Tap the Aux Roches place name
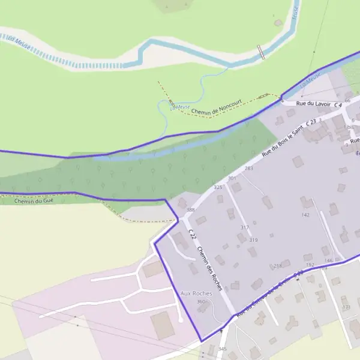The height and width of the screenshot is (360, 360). click(196, 293)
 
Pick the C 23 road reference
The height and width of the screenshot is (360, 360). click(311, 122)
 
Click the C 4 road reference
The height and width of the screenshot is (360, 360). click(338, 106)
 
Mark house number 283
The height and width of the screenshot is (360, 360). click(249, 169)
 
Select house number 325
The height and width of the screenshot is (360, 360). click(218, 188)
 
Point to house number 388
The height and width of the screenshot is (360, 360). click(191, 209)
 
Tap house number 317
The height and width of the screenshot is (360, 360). click(244, 227)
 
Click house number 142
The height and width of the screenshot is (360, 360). click(305, 214)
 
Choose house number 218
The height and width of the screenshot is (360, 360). click(277, 265)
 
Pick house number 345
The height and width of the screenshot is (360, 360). click(222, 349)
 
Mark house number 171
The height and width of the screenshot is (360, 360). click(346, 307)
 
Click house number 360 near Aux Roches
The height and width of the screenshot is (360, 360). click(201, 301)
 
